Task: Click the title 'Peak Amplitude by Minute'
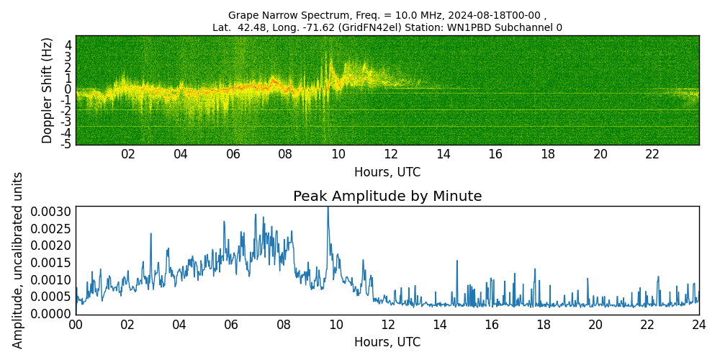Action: [x=387, y=197]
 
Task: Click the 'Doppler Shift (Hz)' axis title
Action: [x=48, y=90]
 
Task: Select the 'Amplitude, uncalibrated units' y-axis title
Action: [x=19, y=260]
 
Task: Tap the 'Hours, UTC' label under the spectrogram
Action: [x=387, y=173]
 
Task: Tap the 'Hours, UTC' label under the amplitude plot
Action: [x=387, y=342]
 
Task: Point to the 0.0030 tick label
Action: [x=51, y=212]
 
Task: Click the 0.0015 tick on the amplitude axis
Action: [x=51, y=263]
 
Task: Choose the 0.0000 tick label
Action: [x=51, y=314]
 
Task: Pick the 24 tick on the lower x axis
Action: [x=699, y=325]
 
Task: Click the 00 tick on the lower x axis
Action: [x=76, y=325]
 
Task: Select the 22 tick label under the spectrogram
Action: [x=652, y=155]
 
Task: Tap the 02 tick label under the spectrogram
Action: [x=128, y=155]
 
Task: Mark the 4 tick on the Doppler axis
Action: [x=68, y=45]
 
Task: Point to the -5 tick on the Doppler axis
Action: [x=66, y=144]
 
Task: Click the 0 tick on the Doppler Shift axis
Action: [x=68, y=89]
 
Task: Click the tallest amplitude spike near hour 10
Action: [x=328, y=209]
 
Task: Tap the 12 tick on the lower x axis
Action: [x=387, y=325]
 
